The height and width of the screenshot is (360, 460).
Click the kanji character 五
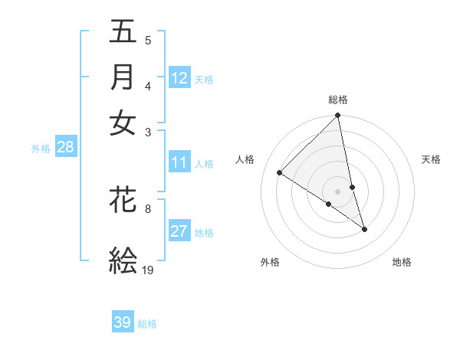pyautogui.click(x=123, y=31)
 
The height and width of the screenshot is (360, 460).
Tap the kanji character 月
pyautogui.click(x=123, y=77)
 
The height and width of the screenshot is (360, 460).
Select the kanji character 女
pyautogui.click(x=123, y=123)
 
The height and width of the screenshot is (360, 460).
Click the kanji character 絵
pyautogui.click(x=123, y=260)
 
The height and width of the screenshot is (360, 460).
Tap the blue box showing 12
pyautogui.click(x=179, y=78)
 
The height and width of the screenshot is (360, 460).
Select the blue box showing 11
pyautogui.click(x=179, y=162)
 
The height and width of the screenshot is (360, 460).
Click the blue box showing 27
pyautogui.click(x=179, y=231)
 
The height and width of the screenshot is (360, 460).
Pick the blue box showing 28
pyautogui.click(x=65, y=148)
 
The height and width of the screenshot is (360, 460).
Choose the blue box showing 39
pyautogui.click(x=123, y=322)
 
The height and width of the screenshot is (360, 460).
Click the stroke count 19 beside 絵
pyautogui.click(x=148, y=270)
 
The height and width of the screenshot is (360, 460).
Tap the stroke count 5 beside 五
pyautogui.click(x=148, y=41)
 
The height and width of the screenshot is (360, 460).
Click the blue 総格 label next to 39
pyautogui.click(x=147, y=324)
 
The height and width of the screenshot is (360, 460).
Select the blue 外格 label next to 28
pyautogui.click(x=41, y=149)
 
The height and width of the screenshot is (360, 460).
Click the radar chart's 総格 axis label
pyautogui.click(x=338, y=100)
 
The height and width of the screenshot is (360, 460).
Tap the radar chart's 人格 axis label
pyautogui.click(x=245, y=159)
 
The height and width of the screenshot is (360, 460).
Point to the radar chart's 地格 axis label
pyautogui.click(x=402, y=262)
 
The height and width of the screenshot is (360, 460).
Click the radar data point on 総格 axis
pyautogui.click(x=338, y=116)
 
